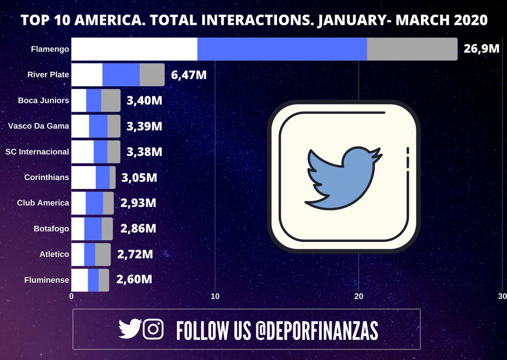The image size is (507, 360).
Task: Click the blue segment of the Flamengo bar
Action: coord(282,49)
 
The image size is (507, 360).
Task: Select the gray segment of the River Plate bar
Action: coord(152,75)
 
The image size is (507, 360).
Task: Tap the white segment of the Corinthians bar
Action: coord(84,177)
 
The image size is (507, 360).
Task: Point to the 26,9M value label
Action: coord(482,49)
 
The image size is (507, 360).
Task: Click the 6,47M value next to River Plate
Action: coord(189,76)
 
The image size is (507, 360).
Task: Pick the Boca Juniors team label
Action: coord(44,101)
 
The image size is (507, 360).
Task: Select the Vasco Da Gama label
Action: coord(38,126)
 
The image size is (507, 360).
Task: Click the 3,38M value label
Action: coord(144,152)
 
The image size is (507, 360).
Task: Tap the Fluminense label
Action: coord(47,280)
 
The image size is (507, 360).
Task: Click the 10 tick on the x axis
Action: coord(215,297)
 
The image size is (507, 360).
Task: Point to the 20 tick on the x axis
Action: coord(358,297)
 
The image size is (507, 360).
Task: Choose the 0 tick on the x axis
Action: coord(71,297)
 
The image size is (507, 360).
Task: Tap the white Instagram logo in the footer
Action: coord(153,329)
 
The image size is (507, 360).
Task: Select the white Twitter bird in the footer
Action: coord(129,329)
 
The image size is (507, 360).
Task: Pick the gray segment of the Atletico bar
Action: coord(103,254)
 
